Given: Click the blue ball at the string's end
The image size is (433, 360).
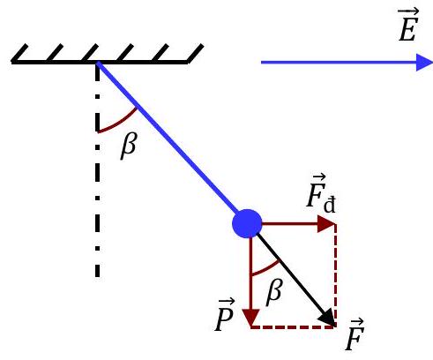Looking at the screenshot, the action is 248,225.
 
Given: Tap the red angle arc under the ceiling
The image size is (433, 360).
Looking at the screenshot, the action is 119,124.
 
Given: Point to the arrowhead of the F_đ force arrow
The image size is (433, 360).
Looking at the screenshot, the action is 329,225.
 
